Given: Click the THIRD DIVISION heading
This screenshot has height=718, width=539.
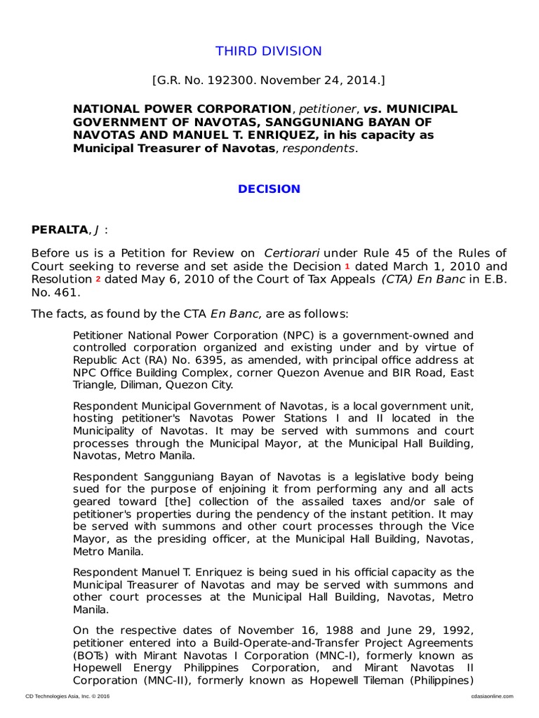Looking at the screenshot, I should pyautogui.click(x=269, y=51).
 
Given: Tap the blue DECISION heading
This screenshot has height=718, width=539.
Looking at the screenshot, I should pyautogui.click(x=269, y=189).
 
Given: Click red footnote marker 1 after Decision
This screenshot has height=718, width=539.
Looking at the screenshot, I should pyautogui.click(x=347, y=266).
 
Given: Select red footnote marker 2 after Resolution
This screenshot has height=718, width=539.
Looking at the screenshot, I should pyautogui.click(x=98, y=279).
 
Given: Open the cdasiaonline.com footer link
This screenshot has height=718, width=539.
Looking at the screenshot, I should pyautogui.click(x=491, y=696).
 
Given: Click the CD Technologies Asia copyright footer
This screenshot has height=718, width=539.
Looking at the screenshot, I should pyautogui.click(x=67, y=696).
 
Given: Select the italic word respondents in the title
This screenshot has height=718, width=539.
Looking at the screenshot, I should pyautogui.click(x=319, y=149).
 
